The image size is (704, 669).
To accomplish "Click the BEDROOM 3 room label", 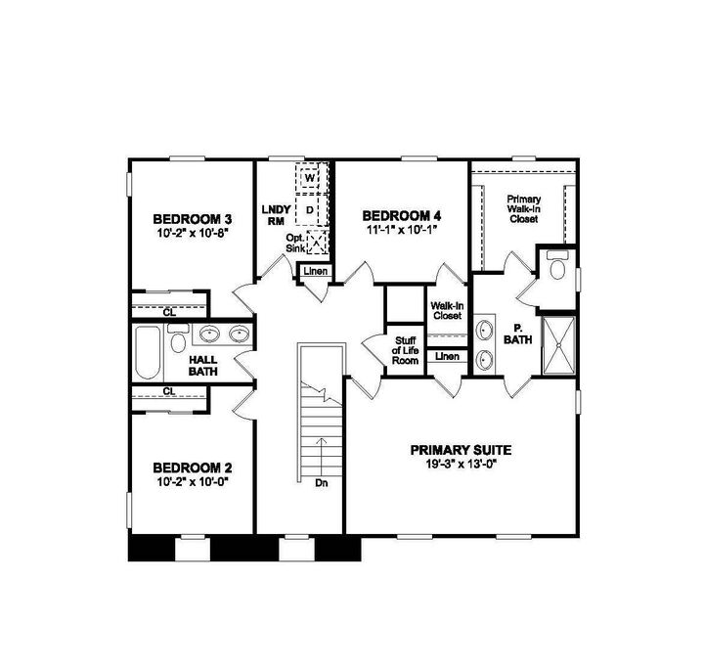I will point(192,218).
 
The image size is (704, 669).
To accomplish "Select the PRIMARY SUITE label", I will point(461,450).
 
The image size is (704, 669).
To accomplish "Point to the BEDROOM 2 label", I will point(192,467).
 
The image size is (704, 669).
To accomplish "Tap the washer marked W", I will point(310,180).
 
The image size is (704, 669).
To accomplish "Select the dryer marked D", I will point(310,209).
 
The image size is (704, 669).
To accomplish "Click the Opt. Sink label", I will point(295,243).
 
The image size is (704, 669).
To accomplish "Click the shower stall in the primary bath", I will point(558,345).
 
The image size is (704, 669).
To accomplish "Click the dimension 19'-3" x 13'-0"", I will point(461,465).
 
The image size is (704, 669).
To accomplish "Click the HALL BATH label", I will point(203,366).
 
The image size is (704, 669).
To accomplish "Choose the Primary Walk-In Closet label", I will point(523,209).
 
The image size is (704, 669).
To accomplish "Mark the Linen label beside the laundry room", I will point(315,271).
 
